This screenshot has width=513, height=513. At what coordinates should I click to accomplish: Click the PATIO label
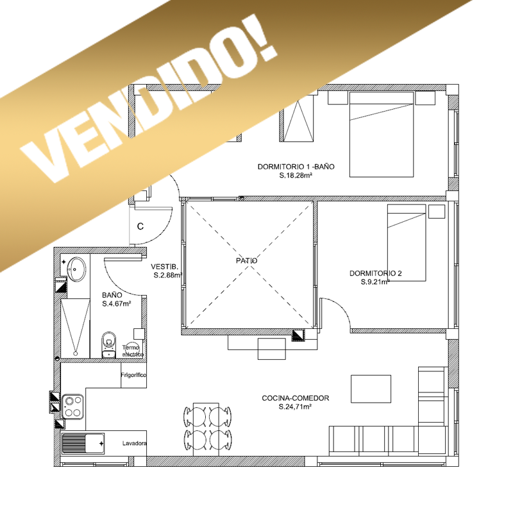click(246, 261)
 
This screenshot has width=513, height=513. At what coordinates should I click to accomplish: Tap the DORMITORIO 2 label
click(376, 273)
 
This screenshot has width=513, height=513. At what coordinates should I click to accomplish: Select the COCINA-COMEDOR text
click(296, 398)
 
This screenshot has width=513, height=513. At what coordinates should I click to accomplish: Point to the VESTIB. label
click(165, 267)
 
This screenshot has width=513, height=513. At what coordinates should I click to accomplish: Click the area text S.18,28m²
click(296, 175)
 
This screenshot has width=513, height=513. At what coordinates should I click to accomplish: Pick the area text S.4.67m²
click(117, 303)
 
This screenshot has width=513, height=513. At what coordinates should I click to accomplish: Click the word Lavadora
click(134, 443)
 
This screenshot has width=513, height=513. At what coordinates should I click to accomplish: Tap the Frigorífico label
click(133, 375)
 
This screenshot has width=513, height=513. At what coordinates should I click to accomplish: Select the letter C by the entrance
click(140, 226)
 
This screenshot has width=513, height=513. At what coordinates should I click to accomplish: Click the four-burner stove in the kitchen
click(72, 407)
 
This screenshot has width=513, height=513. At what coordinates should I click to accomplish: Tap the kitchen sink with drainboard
click(83, 444)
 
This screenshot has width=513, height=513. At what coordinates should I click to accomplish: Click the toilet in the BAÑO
click(109, 345)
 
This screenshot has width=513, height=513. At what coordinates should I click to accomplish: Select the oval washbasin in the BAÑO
click(76, 269)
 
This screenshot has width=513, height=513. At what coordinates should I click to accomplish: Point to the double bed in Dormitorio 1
click(382, 135)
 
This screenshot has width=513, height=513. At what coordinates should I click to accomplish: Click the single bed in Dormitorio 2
click(407, 243)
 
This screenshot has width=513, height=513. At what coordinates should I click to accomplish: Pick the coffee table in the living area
click(371, 389)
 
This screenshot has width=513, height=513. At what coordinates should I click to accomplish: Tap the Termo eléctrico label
click(133, 351)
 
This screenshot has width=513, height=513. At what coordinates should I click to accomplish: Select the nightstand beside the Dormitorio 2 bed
click(437, 212)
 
